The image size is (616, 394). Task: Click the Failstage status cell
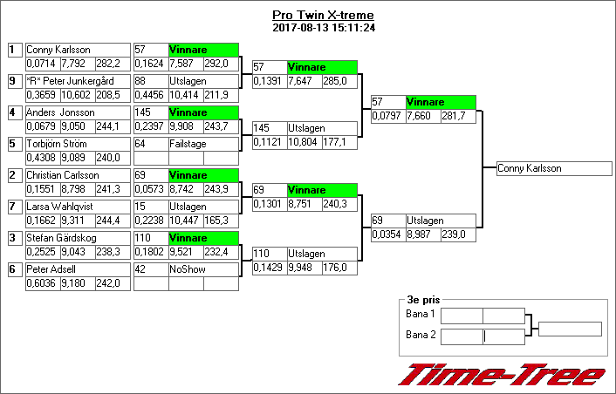202,144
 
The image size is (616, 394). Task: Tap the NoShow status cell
202,269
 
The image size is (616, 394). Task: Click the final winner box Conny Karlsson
554,169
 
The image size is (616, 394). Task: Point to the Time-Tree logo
502,374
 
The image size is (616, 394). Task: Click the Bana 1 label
421,314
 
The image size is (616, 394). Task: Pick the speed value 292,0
220,64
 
